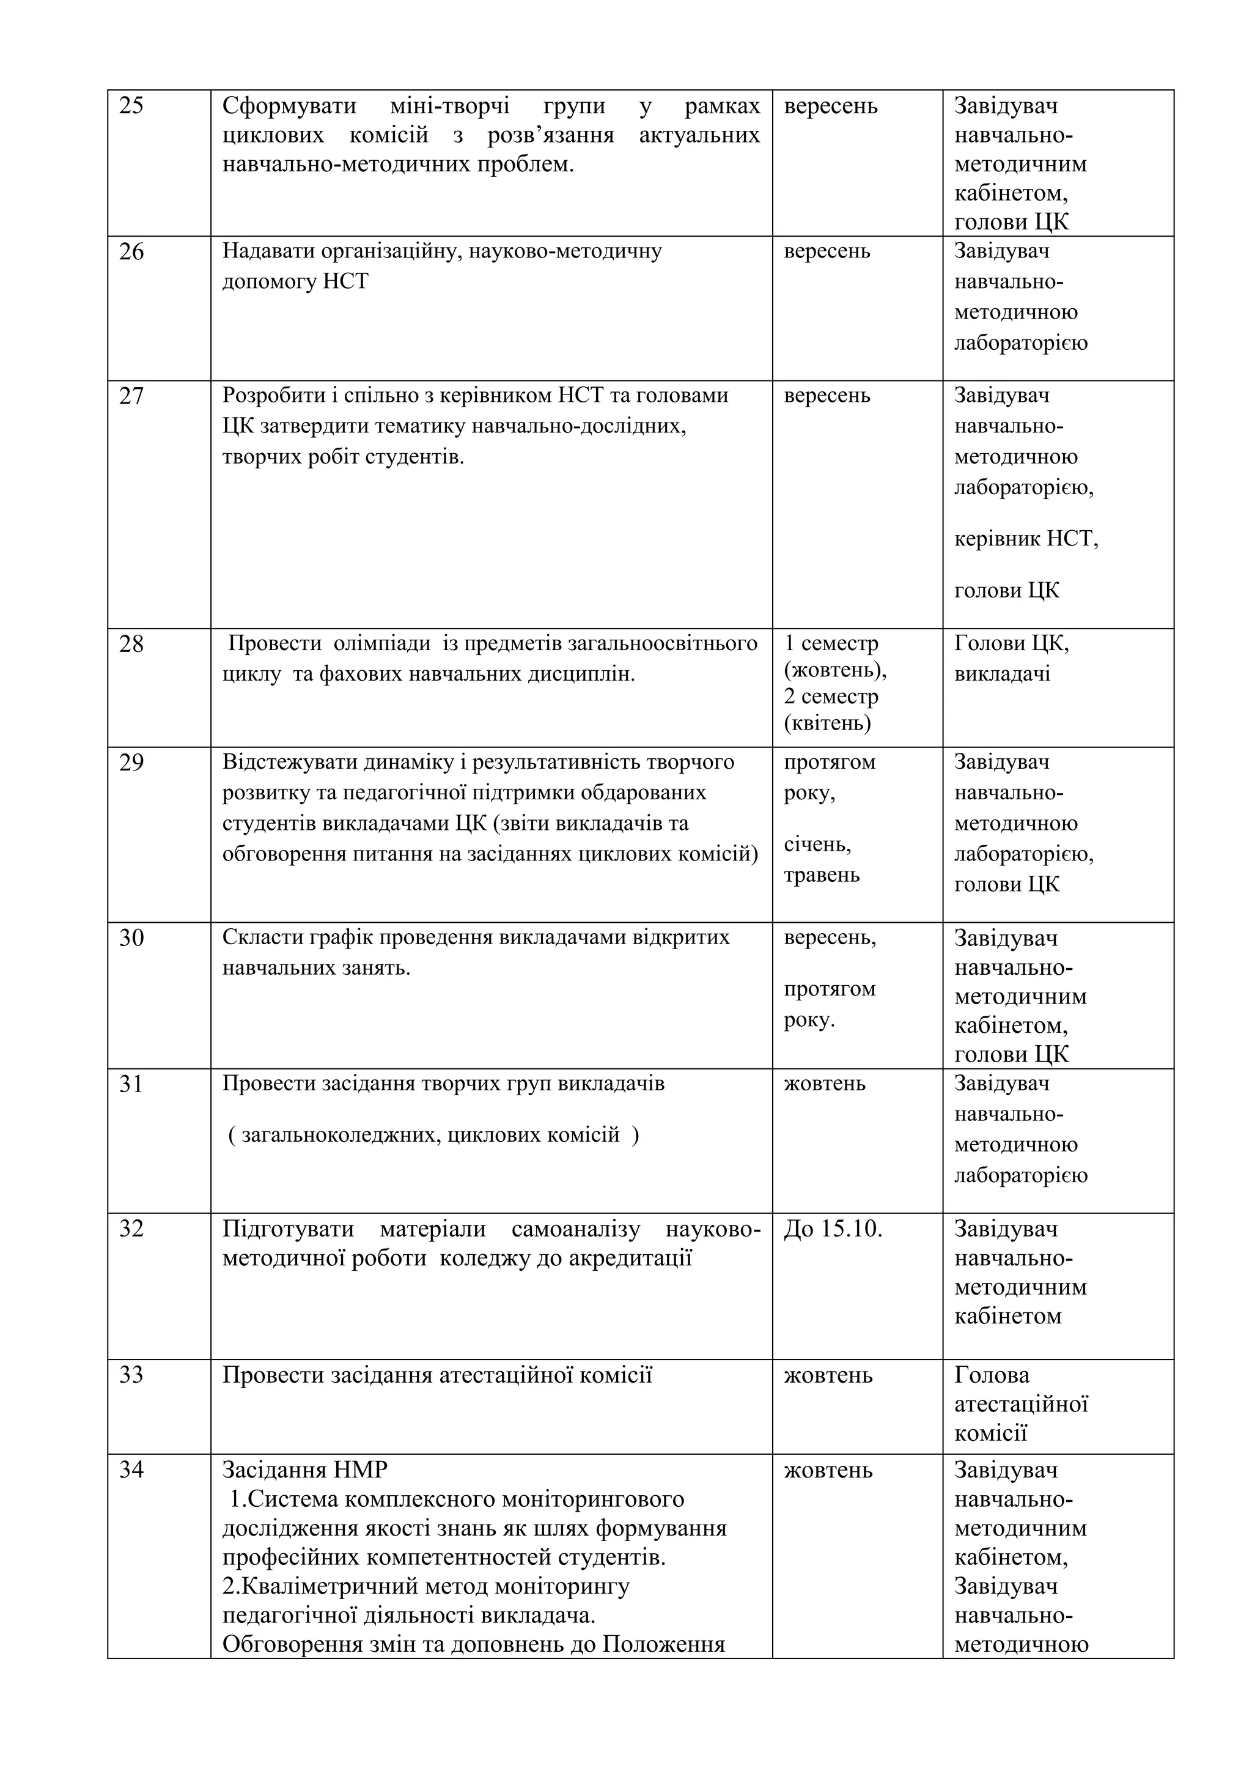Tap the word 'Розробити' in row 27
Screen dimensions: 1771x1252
click(x=270, y=396)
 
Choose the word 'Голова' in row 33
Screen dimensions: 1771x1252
click(x=992, y=1375)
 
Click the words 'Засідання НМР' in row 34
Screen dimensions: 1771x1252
click(x=304, y=1470)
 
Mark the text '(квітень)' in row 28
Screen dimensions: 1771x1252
click(x=827, y=723)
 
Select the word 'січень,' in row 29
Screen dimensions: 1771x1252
click(x=817, y=845)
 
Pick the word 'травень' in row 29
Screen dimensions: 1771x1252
click(x=821, y=876)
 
